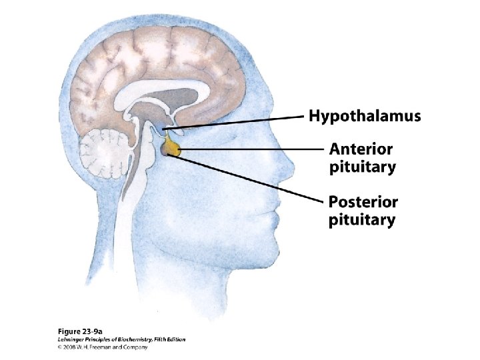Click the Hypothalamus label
(x=365, y=117)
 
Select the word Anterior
(x=361, y=149)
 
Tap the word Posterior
(x=363, y=202)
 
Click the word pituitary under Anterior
(x=362, y=167)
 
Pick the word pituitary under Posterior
(x=362, y=219)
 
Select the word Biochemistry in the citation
(x=133, y=339)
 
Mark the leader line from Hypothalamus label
(x=240, y=121)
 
